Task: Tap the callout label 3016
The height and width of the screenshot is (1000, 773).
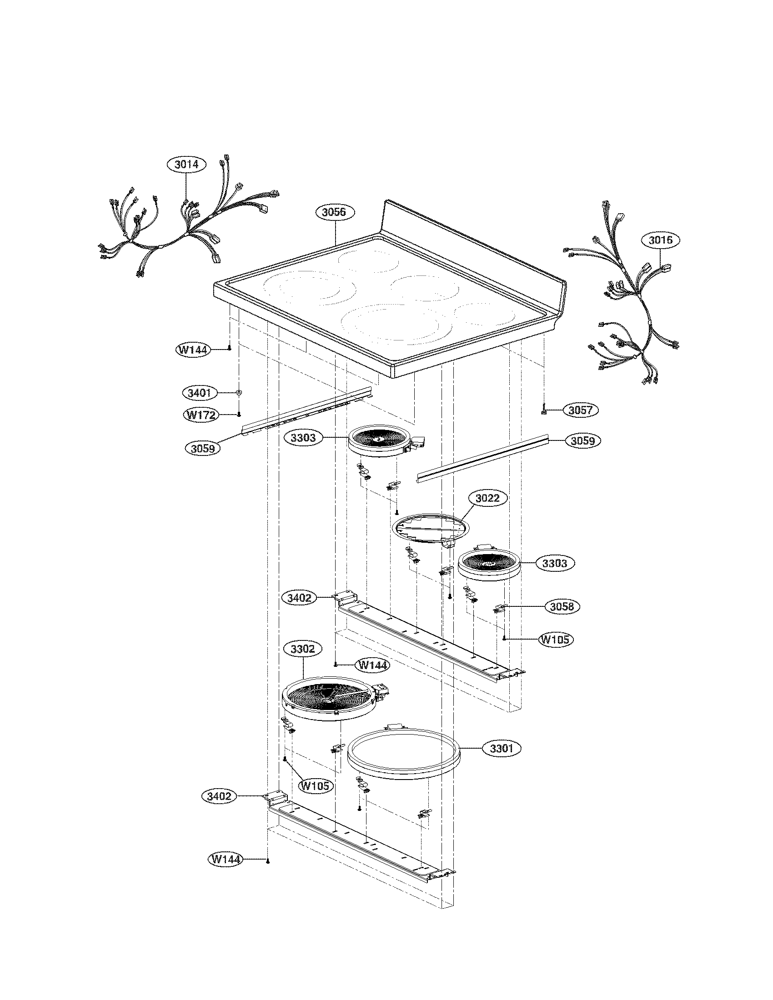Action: (660, 240)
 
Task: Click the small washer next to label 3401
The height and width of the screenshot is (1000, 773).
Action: (239, 392)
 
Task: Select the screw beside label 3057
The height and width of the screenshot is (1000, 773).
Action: (543, 410)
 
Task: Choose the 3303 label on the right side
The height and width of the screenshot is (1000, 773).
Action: (554, 563)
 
